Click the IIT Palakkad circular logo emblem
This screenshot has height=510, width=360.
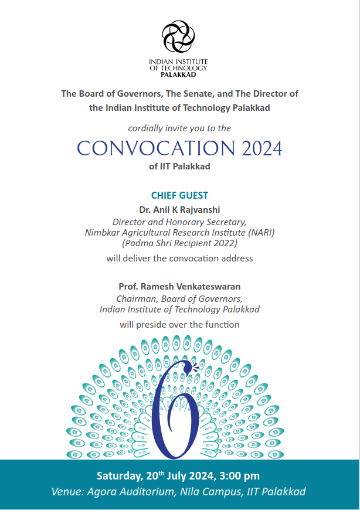tap(178, 36)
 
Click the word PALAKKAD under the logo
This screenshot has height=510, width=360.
tap(178, 75)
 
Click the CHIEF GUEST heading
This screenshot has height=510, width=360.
tap(179, 195)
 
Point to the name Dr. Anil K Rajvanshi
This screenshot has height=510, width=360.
tap(179, 209)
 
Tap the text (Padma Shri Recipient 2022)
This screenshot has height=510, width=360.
tap(179, 243)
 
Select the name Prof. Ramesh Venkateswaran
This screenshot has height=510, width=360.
tap(179, 286)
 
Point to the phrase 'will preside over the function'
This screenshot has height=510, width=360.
tap(179, 324)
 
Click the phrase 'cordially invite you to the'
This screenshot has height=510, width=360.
tap(179, 128)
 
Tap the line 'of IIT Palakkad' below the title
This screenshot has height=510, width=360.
tap(179, 166)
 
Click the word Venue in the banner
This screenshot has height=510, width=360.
tap(66, 491)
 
